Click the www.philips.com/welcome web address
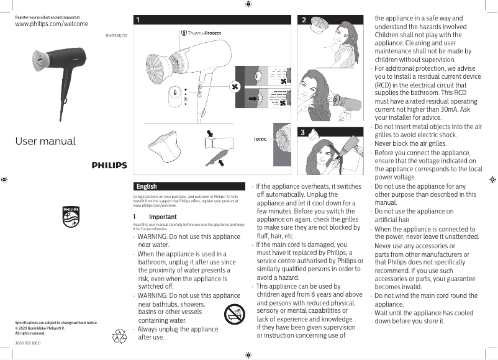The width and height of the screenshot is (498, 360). (51, 24)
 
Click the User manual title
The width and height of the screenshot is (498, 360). (45, 141)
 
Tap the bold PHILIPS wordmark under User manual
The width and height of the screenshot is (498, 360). (109, 166)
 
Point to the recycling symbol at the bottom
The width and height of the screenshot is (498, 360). (119, 336)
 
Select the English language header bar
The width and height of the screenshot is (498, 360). (191, 186)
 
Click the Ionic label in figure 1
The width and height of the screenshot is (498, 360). (260, 139)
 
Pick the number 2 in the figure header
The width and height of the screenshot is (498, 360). (304, 20)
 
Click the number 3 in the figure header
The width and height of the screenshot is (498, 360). (302, 132)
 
